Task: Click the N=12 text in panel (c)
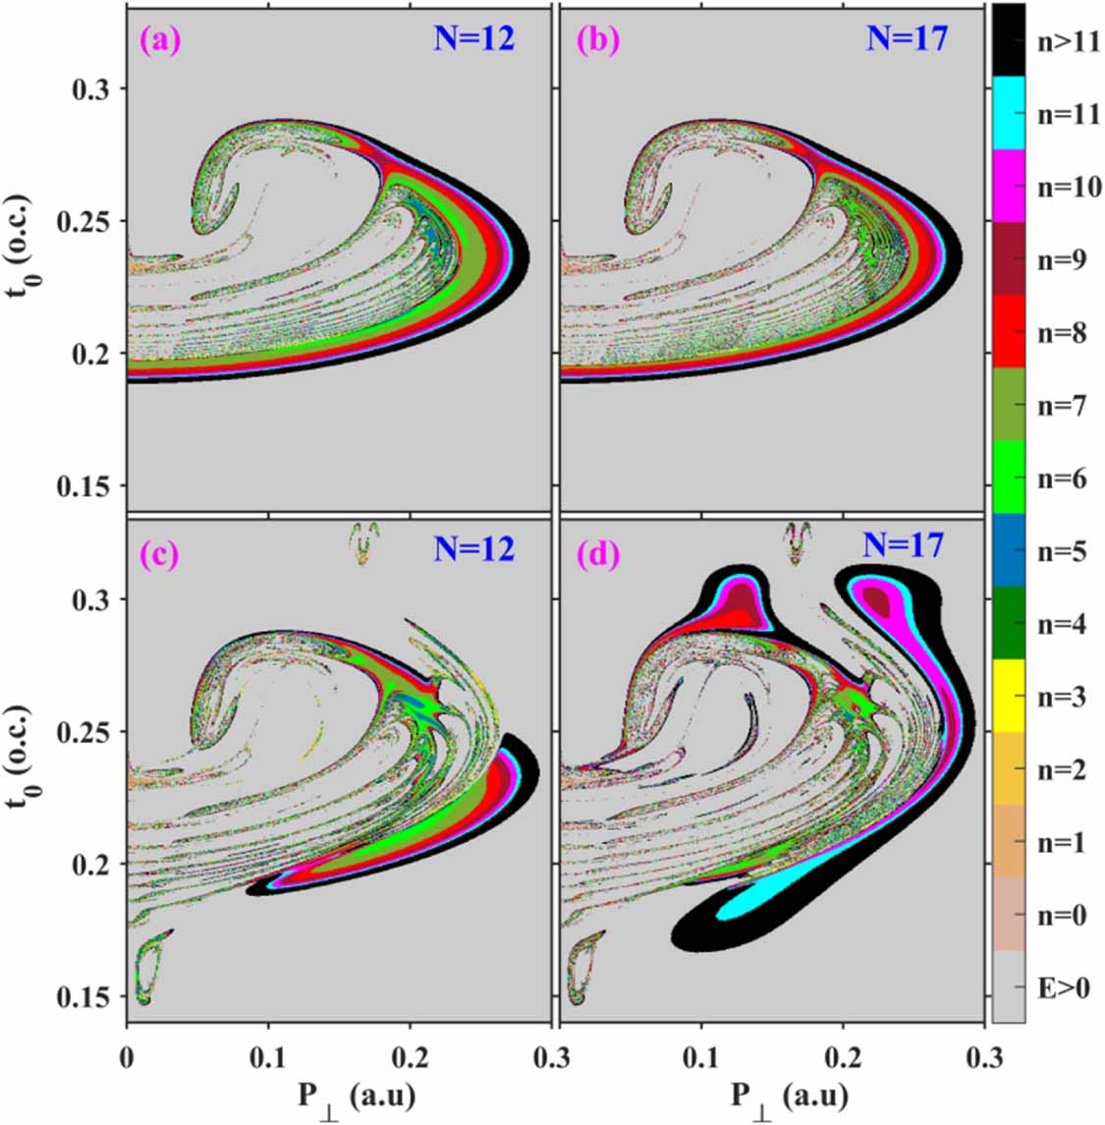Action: click(x=474, y=547)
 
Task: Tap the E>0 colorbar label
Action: click(x=1063, y=988)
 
